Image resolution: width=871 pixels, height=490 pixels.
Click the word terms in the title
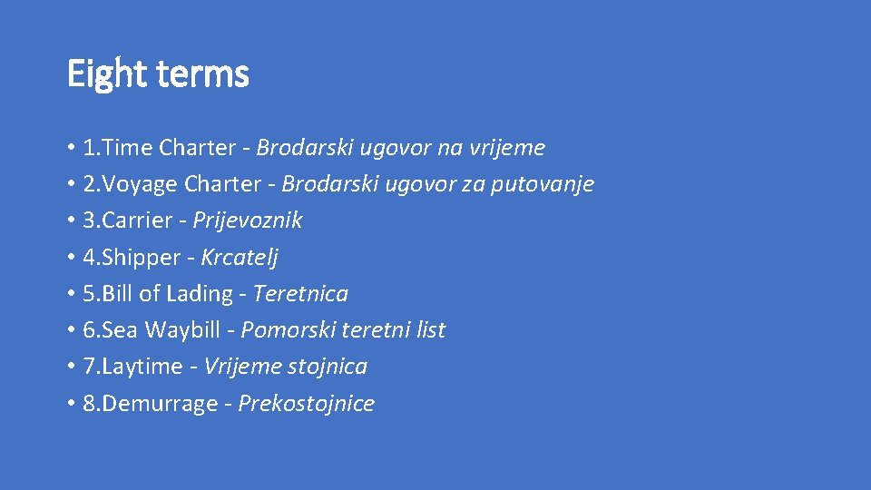pyautogui.click(x=202, y=73)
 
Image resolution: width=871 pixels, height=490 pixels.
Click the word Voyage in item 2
pyautogui.click(x=142, y=184)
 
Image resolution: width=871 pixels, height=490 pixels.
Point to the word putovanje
pyautogui.click(x=543, y=184)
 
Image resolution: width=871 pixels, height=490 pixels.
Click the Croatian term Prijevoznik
pyautogui.click(x=248, y=220)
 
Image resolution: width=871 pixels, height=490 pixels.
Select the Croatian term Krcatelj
pyautogui.click(x=240, y=258)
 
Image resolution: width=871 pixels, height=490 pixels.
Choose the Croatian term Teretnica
pyautogui.click(x=300, y=294)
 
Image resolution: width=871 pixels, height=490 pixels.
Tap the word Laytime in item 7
pyautogui.click(x=143, y=367)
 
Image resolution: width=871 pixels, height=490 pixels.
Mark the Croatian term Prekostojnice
pyautogui.click(x=306, y=404)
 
